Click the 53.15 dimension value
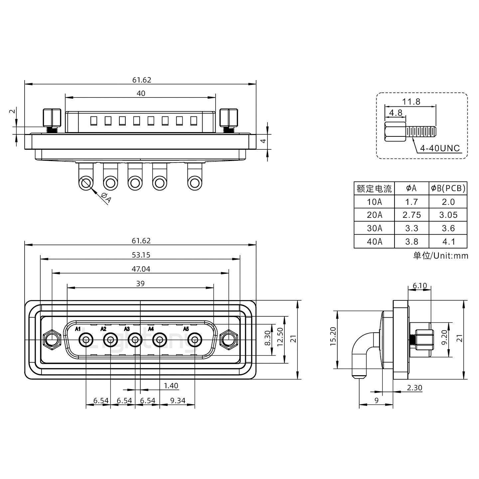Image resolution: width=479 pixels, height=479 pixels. coord(141,255)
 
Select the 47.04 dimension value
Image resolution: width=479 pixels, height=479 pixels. coord(141,269)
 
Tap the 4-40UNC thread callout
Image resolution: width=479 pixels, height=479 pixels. coord(439,148)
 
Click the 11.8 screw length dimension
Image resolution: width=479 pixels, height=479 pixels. coord(411,101)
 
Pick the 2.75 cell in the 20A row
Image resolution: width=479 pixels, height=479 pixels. coord(411,215)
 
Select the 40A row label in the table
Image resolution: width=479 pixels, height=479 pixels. coord(374,241)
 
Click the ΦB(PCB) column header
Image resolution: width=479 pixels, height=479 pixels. coord(448,188)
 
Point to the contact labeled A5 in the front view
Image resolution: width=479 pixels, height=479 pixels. coord(195,340)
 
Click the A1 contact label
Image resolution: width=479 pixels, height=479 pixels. coord(78,329)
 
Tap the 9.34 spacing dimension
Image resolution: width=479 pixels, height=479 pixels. coord(178,400)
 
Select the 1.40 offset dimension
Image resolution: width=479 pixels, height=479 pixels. coord(171,386)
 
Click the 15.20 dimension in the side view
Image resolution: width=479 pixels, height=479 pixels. coord(333,336)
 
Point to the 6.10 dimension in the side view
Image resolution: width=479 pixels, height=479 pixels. coord(419,286)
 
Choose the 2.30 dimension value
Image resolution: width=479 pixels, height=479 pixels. coord(414,388)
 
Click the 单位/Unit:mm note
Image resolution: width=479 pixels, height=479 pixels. coord(440,255)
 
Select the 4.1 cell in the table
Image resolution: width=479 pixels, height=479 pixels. coord(448,241)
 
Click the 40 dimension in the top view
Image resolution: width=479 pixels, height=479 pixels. coord(141,93)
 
